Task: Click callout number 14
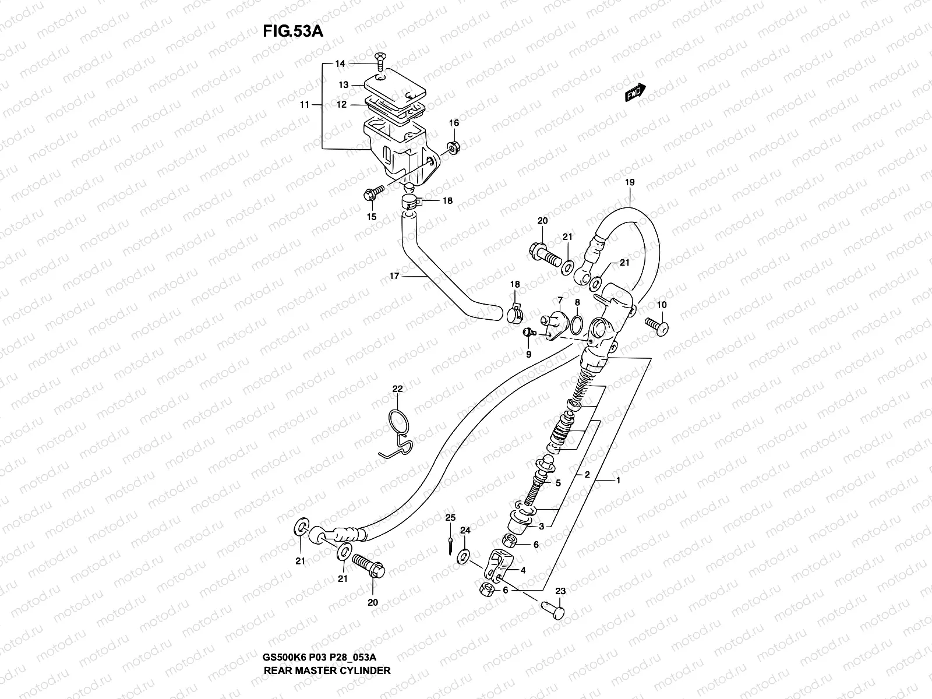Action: click(x=340, y=63)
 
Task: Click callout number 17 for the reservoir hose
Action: click(x=394, y=276)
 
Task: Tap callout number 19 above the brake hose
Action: click(x=630, y=182)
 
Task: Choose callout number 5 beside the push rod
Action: click(x=557, y=483)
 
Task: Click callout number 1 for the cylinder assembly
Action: click(x=618, y=481)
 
